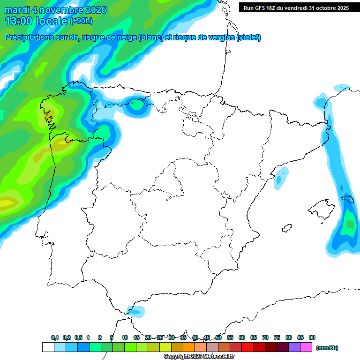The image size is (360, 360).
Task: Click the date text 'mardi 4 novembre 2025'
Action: [55, 10]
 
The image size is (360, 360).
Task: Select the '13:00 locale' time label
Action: [36, 21]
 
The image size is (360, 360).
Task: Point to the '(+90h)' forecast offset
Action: [82, 21]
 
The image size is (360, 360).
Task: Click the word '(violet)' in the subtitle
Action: [249, 37]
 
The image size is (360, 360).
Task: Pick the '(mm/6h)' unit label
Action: [327, 348]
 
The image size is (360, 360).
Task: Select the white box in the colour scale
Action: [48, 347]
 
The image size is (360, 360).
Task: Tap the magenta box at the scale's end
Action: [306, 347]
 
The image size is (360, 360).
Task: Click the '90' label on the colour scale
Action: [312, 337]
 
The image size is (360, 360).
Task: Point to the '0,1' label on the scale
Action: [55, 337]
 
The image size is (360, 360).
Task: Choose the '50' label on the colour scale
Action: [218, 337]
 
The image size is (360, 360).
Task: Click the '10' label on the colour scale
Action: [125, 337]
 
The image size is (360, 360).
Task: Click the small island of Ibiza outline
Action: [287, 228]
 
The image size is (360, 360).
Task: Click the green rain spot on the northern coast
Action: [137, 105]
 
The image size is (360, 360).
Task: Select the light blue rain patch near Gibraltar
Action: [136, 310]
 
